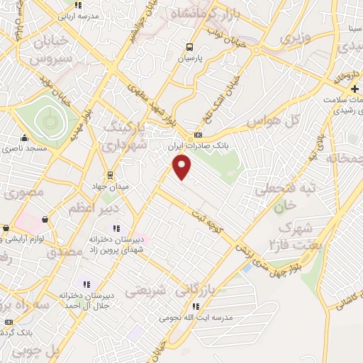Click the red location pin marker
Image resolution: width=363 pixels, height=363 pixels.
(x=182, y=167)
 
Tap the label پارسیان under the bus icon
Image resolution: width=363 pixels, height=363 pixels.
(x=189, y=60)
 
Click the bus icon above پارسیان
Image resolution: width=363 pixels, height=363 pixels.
(x=189, y=48)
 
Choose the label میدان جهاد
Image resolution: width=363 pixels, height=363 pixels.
(x=111, y=186)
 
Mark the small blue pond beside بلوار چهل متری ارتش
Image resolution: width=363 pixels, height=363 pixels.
(x=247, y=268)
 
